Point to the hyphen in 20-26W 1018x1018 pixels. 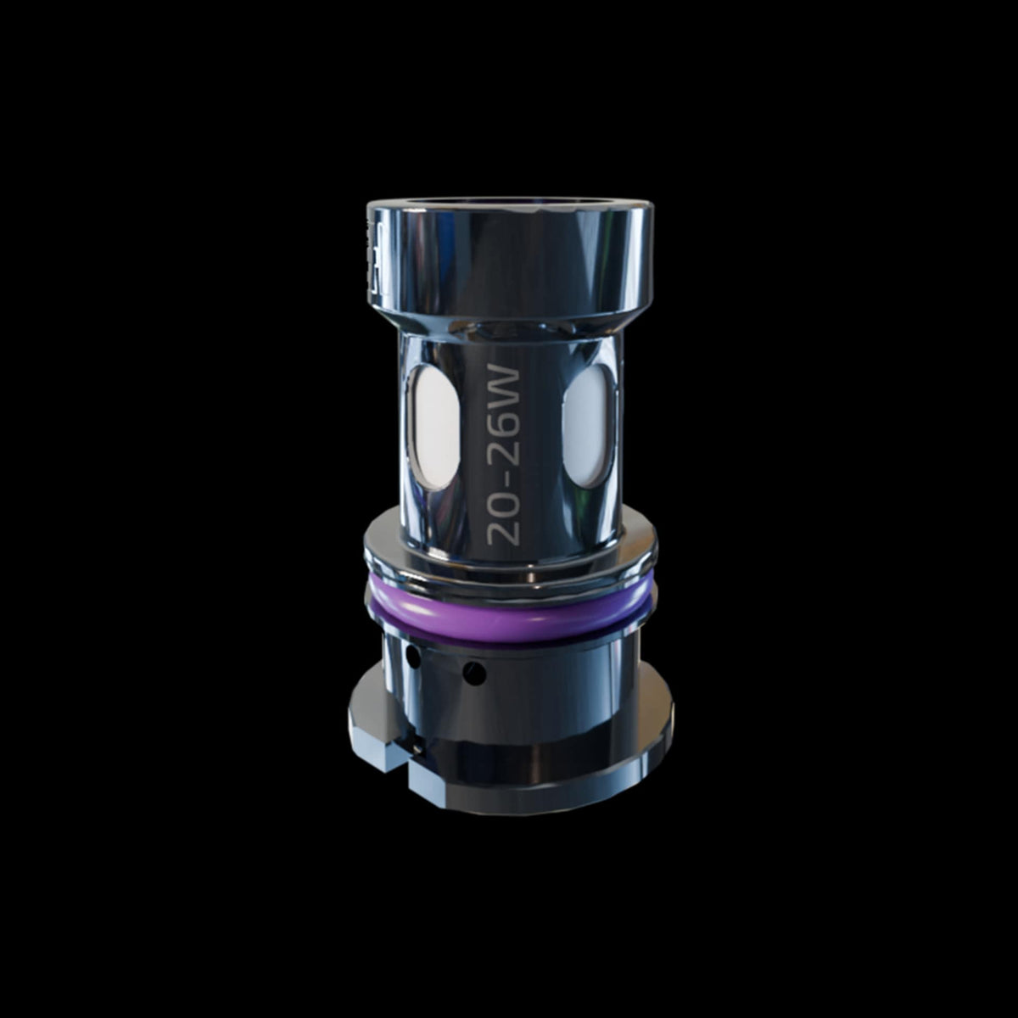505,477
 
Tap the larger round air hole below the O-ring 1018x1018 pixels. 474,674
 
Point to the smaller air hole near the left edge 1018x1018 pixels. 412,656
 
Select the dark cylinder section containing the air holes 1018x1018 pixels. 526,670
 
